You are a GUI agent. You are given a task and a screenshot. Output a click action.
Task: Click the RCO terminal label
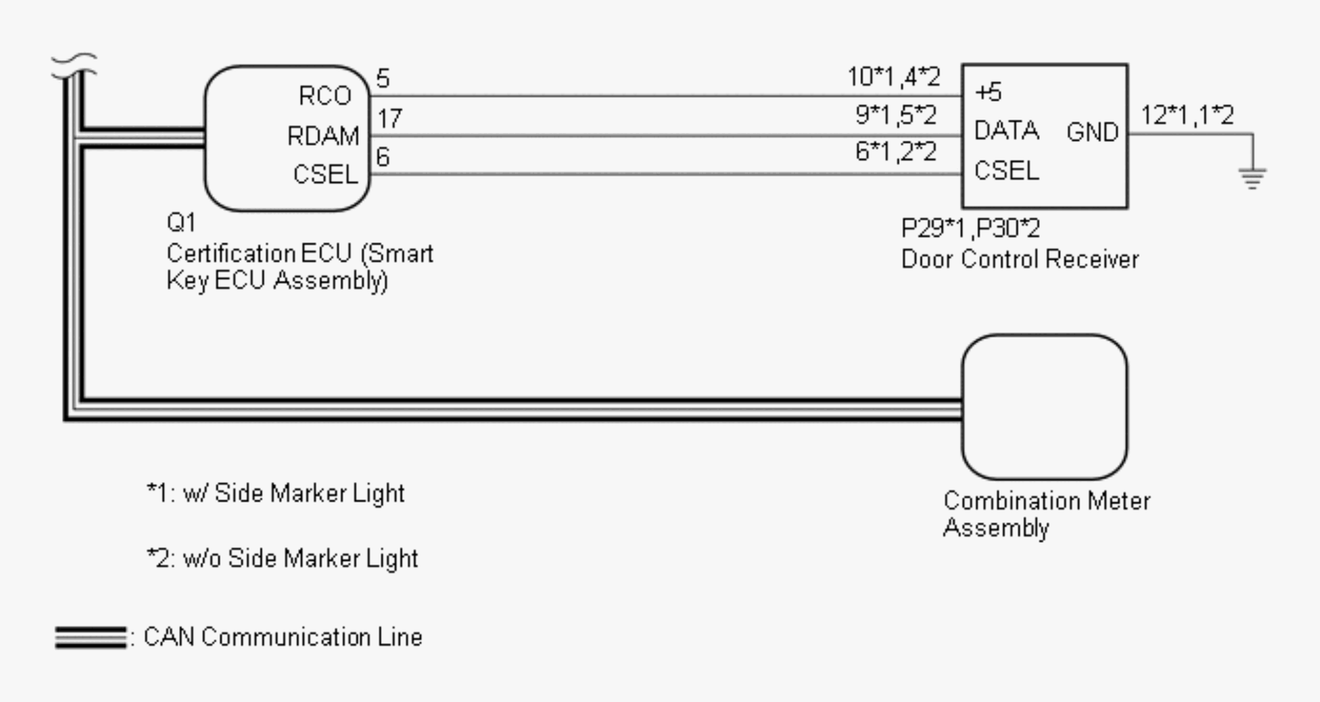tap(325, 96)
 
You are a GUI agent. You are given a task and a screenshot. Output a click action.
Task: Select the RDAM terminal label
tap(323, 136)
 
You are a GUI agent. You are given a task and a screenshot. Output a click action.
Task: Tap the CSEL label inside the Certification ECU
tap(325, 175)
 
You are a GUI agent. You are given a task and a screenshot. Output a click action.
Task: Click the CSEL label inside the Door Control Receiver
tap(1006, 170)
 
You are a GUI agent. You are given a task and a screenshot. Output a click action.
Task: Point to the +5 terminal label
tap(988, 92)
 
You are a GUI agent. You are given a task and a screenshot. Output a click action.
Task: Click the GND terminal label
tap(1092, 132)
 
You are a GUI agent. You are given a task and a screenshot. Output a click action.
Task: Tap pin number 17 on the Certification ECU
tap(390, 118)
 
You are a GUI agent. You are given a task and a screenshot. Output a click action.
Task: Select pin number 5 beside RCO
tap(383, 79)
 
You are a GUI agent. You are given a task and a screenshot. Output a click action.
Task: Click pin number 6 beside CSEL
tap(383, 157)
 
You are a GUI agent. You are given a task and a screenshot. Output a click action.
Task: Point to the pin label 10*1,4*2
tap(894, 77)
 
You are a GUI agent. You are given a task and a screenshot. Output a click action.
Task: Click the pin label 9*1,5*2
tap(895, 115)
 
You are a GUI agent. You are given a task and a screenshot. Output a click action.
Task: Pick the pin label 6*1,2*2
tap(895, 152)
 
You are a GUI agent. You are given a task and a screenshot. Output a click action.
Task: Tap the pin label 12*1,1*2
tap(1187, 115)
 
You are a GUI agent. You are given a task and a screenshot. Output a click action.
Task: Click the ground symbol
tap(1252, 177)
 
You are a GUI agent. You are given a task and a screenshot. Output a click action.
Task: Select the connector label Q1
tap(181, 222)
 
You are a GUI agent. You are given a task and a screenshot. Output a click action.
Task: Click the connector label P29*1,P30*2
tap(970, 229)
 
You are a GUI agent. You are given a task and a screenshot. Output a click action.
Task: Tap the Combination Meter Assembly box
tap(1044, 407)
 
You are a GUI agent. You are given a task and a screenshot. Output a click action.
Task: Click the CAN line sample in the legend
tap(90, 638)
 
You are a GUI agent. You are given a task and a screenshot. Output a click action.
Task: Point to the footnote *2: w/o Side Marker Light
tap(283, 558)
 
